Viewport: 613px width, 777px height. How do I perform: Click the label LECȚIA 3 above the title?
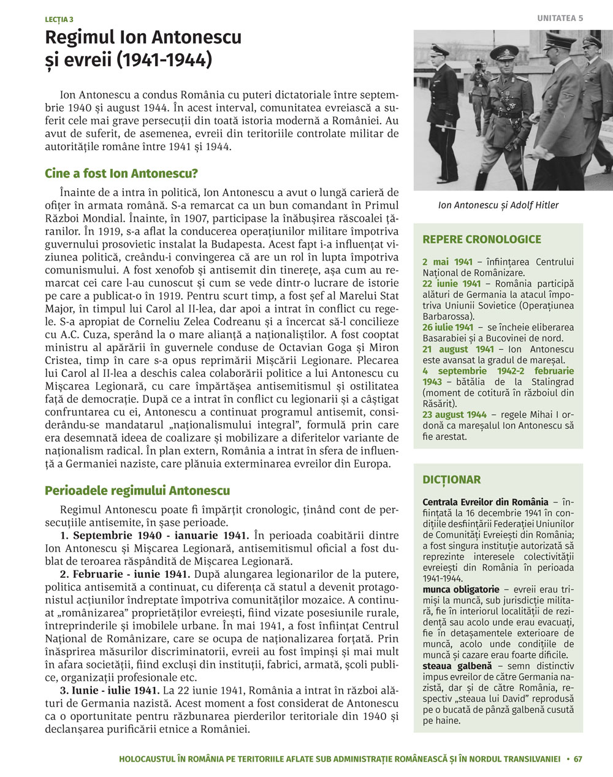coord(58,20)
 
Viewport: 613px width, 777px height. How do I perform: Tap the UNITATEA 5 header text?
coord(560,18)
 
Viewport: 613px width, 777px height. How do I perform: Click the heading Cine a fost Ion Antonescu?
coord(121,173)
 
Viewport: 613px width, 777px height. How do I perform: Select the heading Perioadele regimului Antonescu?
coord(137,490)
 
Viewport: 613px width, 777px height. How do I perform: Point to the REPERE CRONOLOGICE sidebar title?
coord(482,239)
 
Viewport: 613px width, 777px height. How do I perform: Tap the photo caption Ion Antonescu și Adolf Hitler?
coord(498,205)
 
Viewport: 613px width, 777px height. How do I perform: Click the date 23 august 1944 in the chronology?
coord(454,415)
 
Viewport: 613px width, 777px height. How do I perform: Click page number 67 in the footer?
coord(578,759)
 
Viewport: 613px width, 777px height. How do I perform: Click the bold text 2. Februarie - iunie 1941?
coord(125,574)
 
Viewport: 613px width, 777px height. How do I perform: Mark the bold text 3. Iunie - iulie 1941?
coord(109,691)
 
